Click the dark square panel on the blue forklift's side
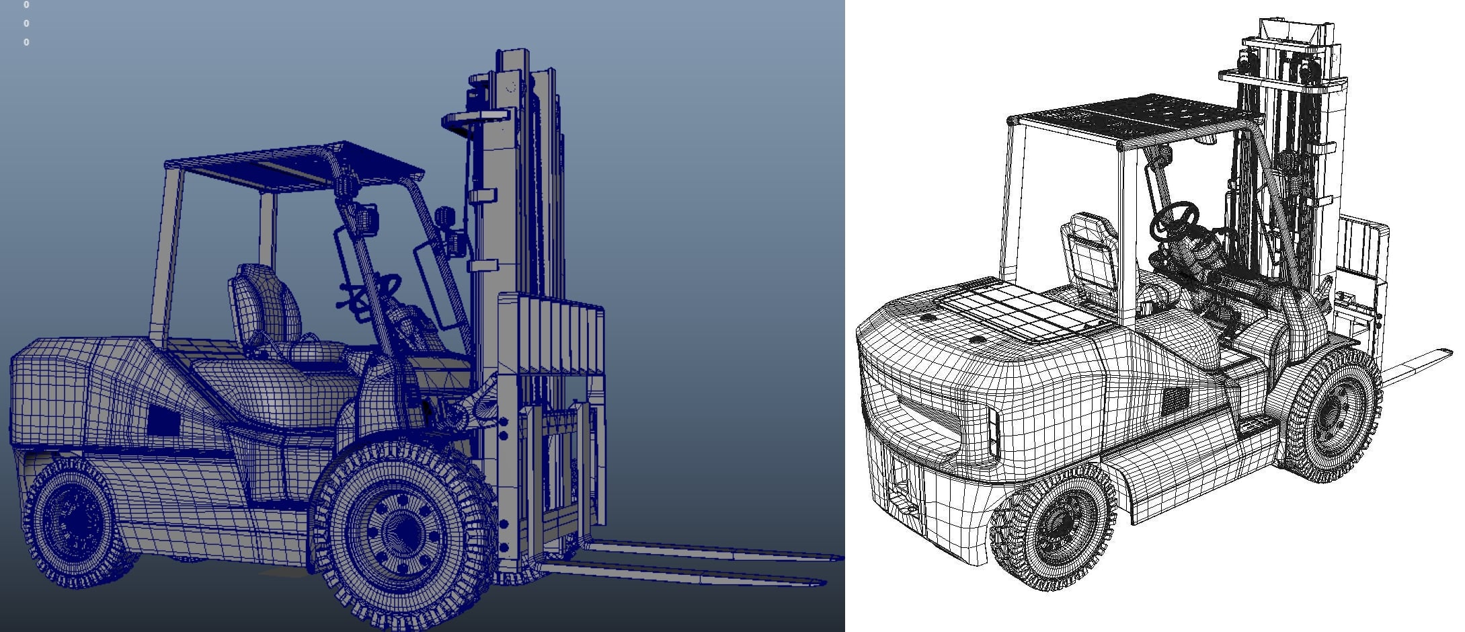click(x=163, y=421)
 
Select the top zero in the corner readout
click(x=26, y=5)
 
